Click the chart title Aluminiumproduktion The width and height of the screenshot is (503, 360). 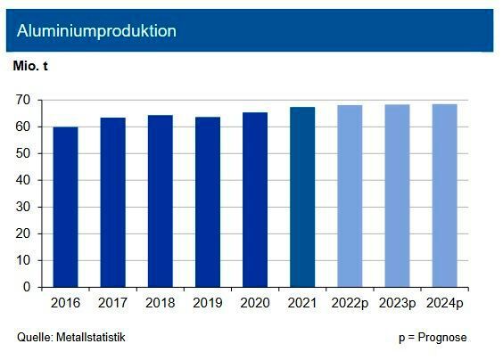96,30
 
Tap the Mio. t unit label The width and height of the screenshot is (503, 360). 31,67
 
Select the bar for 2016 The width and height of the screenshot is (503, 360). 65,207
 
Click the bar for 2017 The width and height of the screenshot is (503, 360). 113,202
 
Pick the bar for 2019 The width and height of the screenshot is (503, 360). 208,202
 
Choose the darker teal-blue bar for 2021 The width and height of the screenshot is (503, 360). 302,197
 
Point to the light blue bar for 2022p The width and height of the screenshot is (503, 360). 350,196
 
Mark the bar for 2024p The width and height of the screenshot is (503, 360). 444,196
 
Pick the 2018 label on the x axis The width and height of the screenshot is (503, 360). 161,304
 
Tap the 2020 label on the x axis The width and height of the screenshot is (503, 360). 255,304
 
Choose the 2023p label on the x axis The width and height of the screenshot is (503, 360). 397,304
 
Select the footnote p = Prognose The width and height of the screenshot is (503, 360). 432,337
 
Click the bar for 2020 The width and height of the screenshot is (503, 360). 255,200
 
